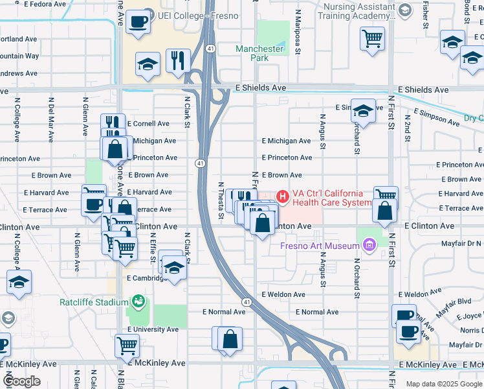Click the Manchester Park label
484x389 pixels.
259,53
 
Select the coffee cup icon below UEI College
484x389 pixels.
138,22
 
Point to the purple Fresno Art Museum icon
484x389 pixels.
369,245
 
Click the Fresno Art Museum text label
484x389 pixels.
320,246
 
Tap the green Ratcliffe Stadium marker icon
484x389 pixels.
137,301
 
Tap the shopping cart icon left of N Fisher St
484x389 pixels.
372,38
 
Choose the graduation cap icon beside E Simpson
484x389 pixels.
364,111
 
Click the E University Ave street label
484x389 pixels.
153,329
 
